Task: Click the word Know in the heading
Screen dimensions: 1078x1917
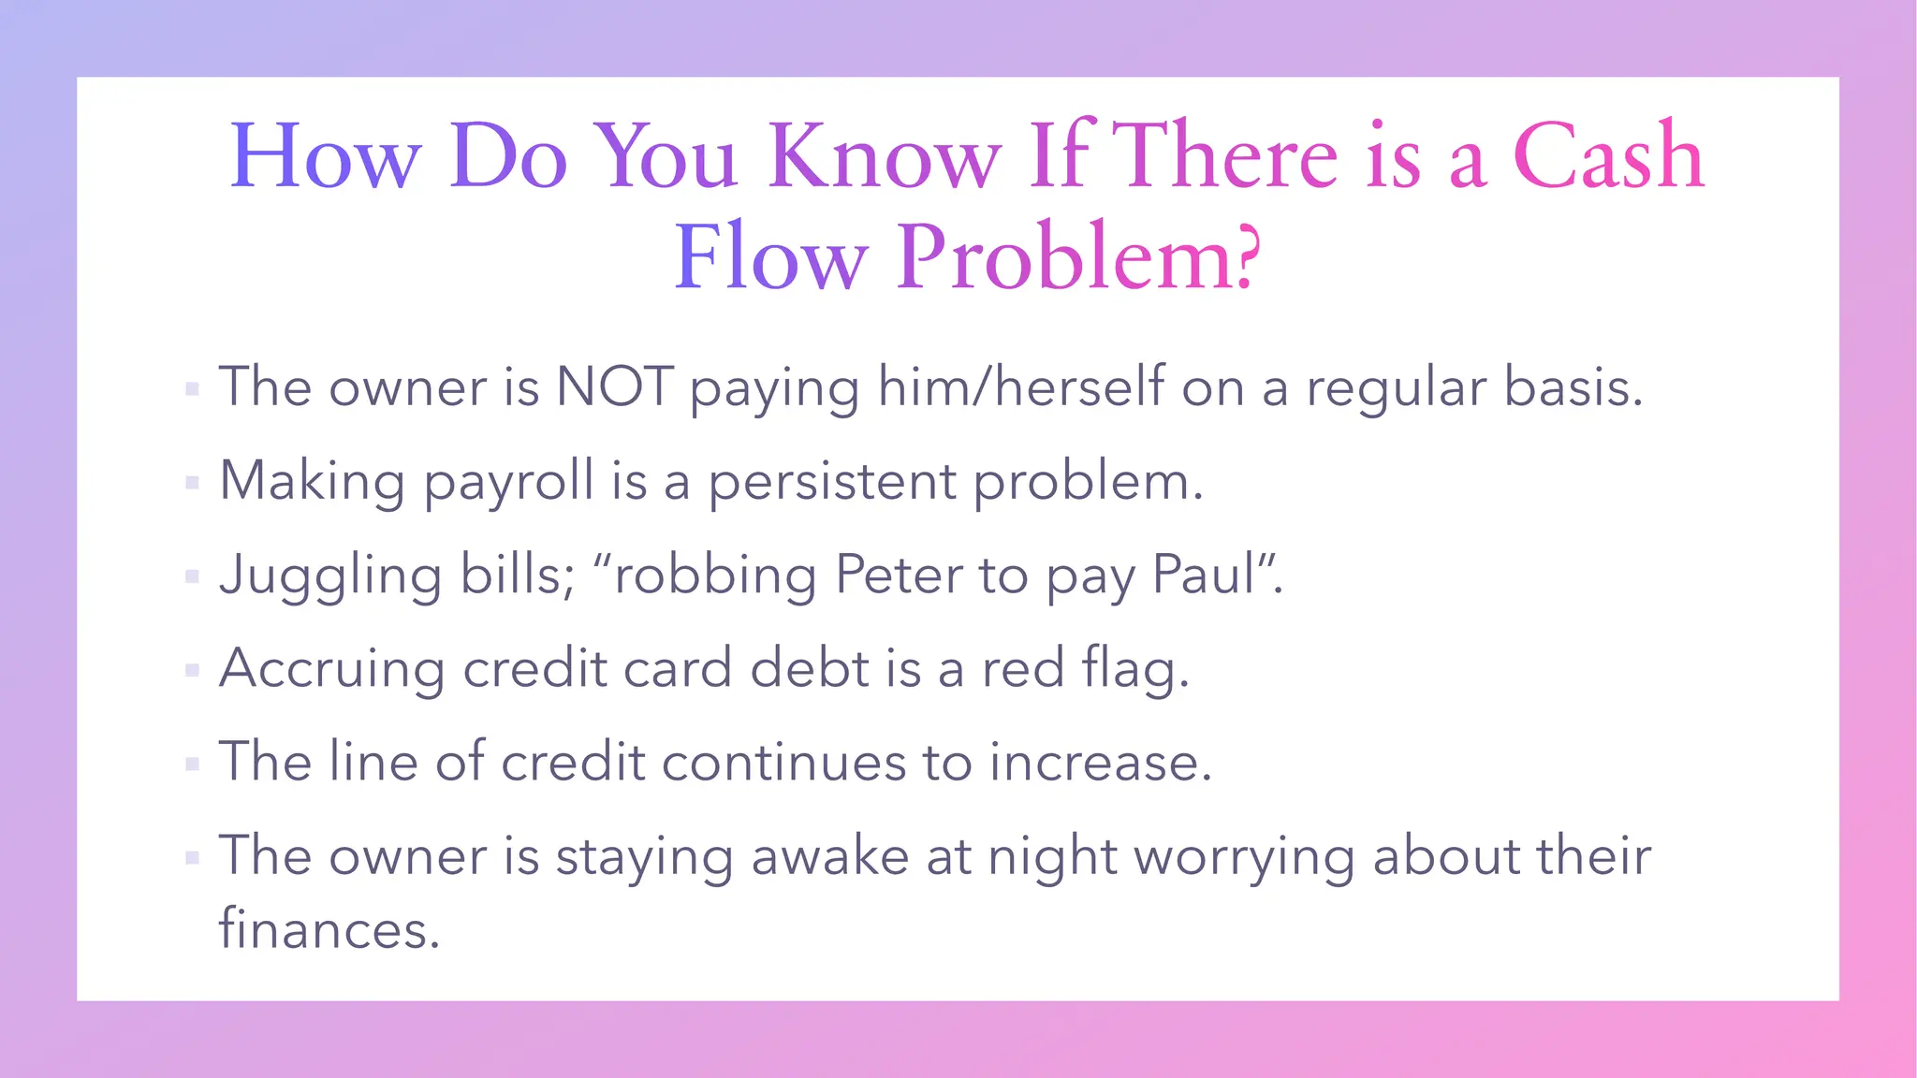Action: [x=885, y=157]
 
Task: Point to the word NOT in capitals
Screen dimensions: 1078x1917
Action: [x=614, y=387]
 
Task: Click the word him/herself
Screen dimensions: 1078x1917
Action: [x=1021, y=387]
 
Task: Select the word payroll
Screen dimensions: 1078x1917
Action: [x=509, y=483]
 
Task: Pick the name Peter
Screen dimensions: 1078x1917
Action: [x=898, y=575]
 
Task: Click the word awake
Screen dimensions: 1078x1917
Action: [x=829, y=857]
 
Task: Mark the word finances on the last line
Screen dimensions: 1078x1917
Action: [x=329, y=930]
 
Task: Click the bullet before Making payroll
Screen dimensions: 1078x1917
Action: [x=193, y=483]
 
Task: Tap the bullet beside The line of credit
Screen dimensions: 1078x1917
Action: [x=193, y=764]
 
